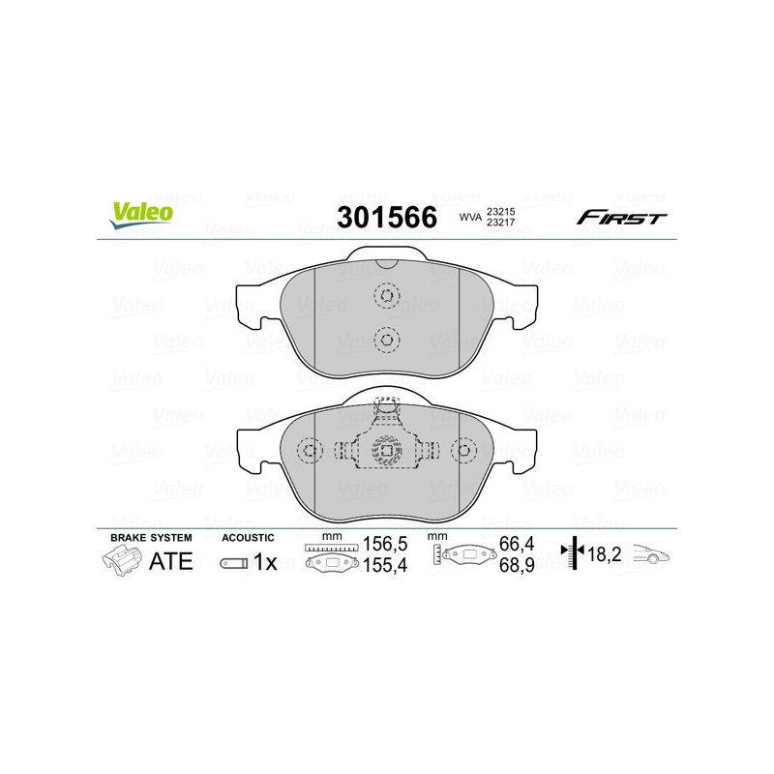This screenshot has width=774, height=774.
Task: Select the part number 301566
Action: [386, 218]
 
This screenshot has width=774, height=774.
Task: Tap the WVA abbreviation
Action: [470, 218]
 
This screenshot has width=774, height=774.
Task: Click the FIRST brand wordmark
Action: [621, 218]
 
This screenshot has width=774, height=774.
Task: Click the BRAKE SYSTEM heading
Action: [151, 537]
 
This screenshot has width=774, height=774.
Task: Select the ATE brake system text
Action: [170, 561]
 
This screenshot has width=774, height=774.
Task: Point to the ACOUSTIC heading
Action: [248, 537]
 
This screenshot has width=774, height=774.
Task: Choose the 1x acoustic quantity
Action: [264, 562]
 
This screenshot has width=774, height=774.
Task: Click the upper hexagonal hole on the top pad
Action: [386, 296]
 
